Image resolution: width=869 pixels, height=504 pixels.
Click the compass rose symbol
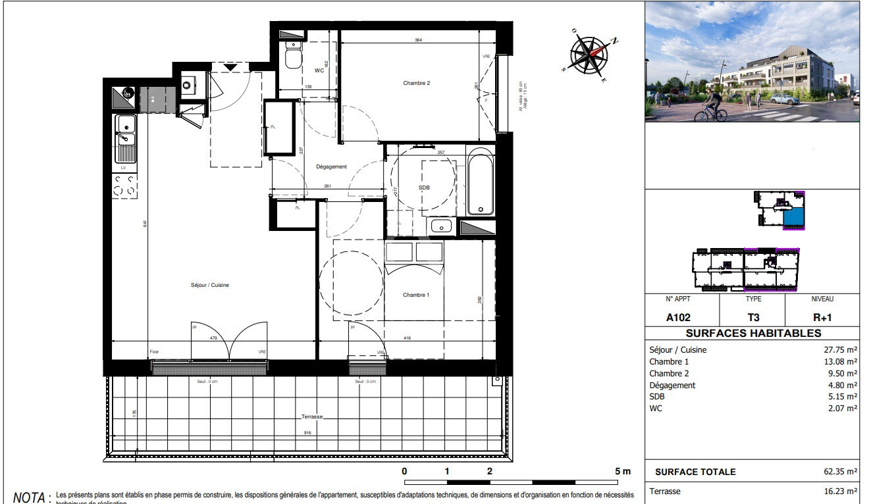coord(589,55)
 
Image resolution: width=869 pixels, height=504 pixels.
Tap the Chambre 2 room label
coord(416,84)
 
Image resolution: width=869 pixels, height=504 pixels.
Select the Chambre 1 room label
coord(416,295)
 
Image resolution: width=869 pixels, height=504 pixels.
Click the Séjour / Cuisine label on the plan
coord(209,285)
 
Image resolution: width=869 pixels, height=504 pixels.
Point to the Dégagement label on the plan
coord(331,167)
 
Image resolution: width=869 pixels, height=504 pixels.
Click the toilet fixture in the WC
coord(292,57)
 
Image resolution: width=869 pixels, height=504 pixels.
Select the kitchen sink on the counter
coord(124,138)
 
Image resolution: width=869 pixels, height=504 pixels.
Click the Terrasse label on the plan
coord(313,417)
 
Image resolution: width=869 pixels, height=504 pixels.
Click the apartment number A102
coord(678,317)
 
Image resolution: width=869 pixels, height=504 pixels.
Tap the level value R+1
coord(822,317)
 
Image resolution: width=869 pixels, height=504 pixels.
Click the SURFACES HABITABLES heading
coord(753,334)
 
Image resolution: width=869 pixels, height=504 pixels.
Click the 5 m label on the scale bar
coord(622,472)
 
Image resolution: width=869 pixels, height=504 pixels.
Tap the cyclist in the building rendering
coord(711,107)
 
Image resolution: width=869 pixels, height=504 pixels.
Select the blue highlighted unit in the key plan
coord(795,216)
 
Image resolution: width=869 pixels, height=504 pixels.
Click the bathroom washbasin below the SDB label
coord(440,226)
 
